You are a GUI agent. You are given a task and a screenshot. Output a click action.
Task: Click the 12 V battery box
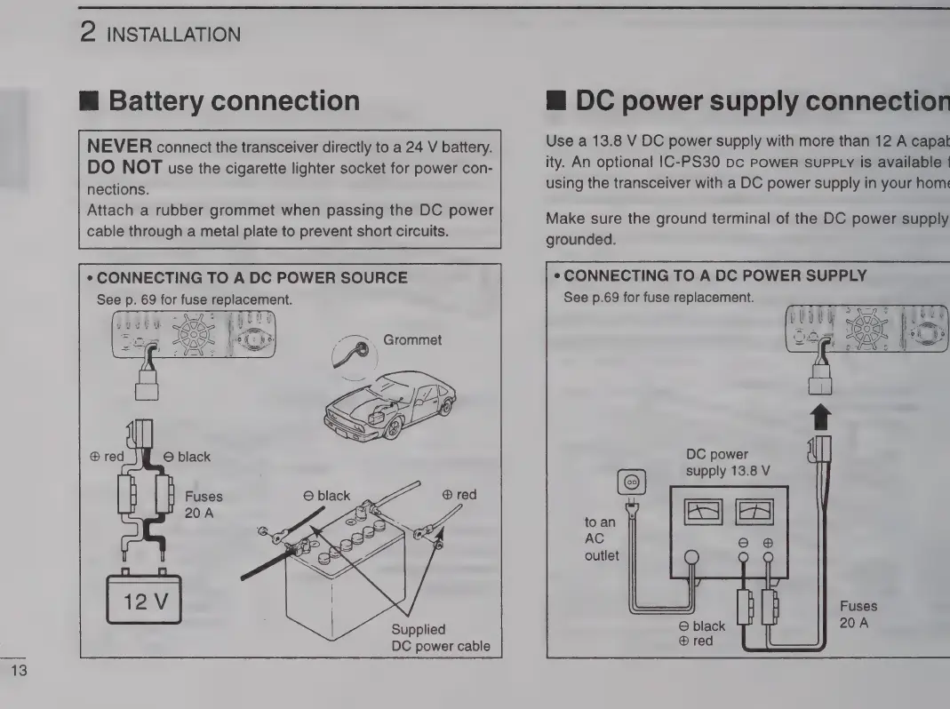click(x=143, y=601)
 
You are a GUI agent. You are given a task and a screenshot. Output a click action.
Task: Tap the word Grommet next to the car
click(x=412, y=340)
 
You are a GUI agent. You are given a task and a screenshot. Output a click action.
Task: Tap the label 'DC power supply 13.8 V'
click(x=727, y=461)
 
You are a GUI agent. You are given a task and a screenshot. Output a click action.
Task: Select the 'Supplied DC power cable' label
click(x=440, y=637)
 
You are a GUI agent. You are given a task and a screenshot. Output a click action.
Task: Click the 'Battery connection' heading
click(x=234, y=100)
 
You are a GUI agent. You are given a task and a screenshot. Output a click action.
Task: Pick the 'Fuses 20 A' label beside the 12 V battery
click(x=203, y=506)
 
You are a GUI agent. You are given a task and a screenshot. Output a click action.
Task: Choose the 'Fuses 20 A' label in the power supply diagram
click(x=858, y=614)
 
